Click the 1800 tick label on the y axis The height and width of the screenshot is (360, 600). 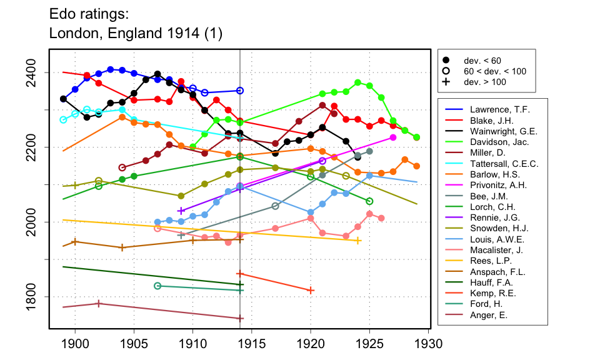36,296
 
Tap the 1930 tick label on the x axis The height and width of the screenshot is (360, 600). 428,344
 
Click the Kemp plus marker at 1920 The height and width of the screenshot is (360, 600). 311,290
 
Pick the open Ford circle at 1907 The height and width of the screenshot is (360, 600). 157,286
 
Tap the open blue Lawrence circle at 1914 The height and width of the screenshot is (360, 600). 240,91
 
